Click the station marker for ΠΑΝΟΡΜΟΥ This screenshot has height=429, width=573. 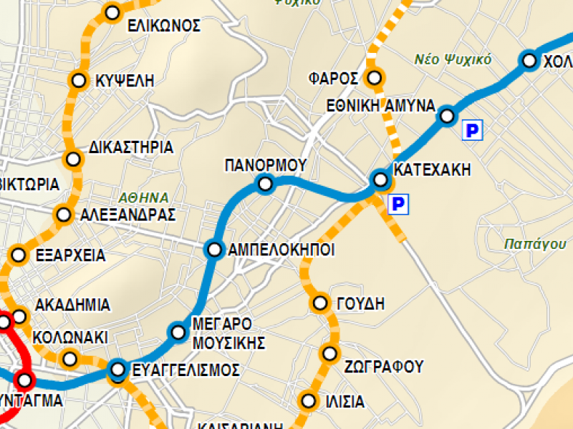point(266,184)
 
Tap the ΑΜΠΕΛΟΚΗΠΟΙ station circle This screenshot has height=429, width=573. point(214,249)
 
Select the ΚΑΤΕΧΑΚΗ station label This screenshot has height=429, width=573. point(433,170)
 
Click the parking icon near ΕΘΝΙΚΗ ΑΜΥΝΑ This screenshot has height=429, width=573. point(473,130)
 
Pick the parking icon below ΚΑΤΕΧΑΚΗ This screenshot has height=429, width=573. point(398,205)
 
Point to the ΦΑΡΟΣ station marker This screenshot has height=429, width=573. point(373,77)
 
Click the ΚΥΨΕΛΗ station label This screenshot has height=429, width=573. point(125,82)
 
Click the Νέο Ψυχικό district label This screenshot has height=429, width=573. point(453,59)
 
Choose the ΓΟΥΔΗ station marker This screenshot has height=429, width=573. point(320,303)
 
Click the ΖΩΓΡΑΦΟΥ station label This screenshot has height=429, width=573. point(383,368)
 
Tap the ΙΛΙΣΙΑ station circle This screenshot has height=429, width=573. point(309,400)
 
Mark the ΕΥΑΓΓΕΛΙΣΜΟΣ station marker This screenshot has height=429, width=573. point(118,370)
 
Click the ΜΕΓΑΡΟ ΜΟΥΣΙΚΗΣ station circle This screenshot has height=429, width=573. point(178,332)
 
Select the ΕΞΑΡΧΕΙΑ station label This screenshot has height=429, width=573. point(69,256)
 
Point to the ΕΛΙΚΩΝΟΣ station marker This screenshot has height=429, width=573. point(112,12)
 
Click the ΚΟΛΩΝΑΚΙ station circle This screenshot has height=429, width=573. point(69,357)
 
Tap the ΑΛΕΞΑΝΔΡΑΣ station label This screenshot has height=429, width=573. point(127,215)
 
